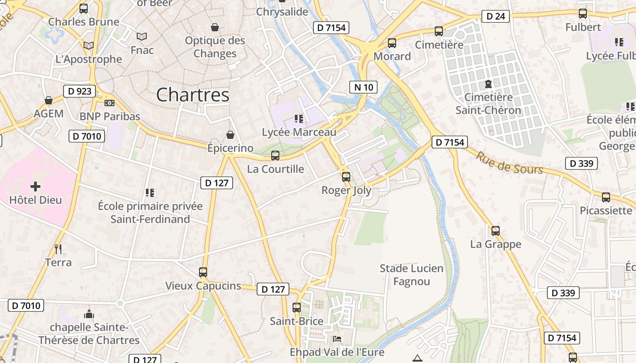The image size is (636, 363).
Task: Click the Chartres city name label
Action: point(193,95)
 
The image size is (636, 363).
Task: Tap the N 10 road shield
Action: point(363,87)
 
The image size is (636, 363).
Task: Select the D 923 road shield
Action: point(79,91)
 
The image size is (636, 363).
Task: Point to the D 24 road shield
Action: point(495,16)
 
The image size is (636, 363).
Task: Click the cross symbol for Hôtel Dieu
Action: point(35,186)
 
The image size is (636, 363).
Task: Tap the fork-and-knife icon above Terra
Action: point(58,249)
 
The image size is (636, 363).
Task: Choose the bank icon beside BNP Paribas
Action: point(109,103)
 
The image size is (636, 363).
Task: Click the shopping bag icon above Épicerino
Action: point(230,135)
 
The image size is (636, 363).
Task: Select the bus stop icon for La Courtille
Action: point(275,156)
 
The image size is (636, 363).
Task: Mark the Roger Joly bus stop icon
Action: point(346,177)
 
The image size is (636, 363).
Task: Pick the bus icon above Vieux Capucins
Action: point(203,272)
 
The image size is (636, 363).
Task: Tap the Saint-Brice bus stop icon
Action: point(297,308)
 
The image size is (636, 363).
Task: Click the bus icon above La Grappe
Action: point(496,231)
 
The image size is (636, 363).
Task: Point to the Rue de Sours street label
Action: point(509,163)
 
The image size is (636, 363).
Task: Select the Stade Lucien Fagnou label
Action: point(411,275)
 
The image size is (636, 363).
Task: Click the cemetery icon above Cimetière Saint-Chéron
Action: point(488,84)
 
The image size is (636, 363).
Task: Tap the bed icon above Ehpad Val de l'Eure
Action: point(337,339)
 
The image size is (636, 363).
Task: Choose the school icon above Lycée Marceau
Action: point(299,119)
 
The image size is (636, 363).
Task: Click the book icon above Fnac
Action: point(142,36)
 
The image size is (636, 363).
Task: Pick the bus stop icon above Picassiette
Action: point(606,197)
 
